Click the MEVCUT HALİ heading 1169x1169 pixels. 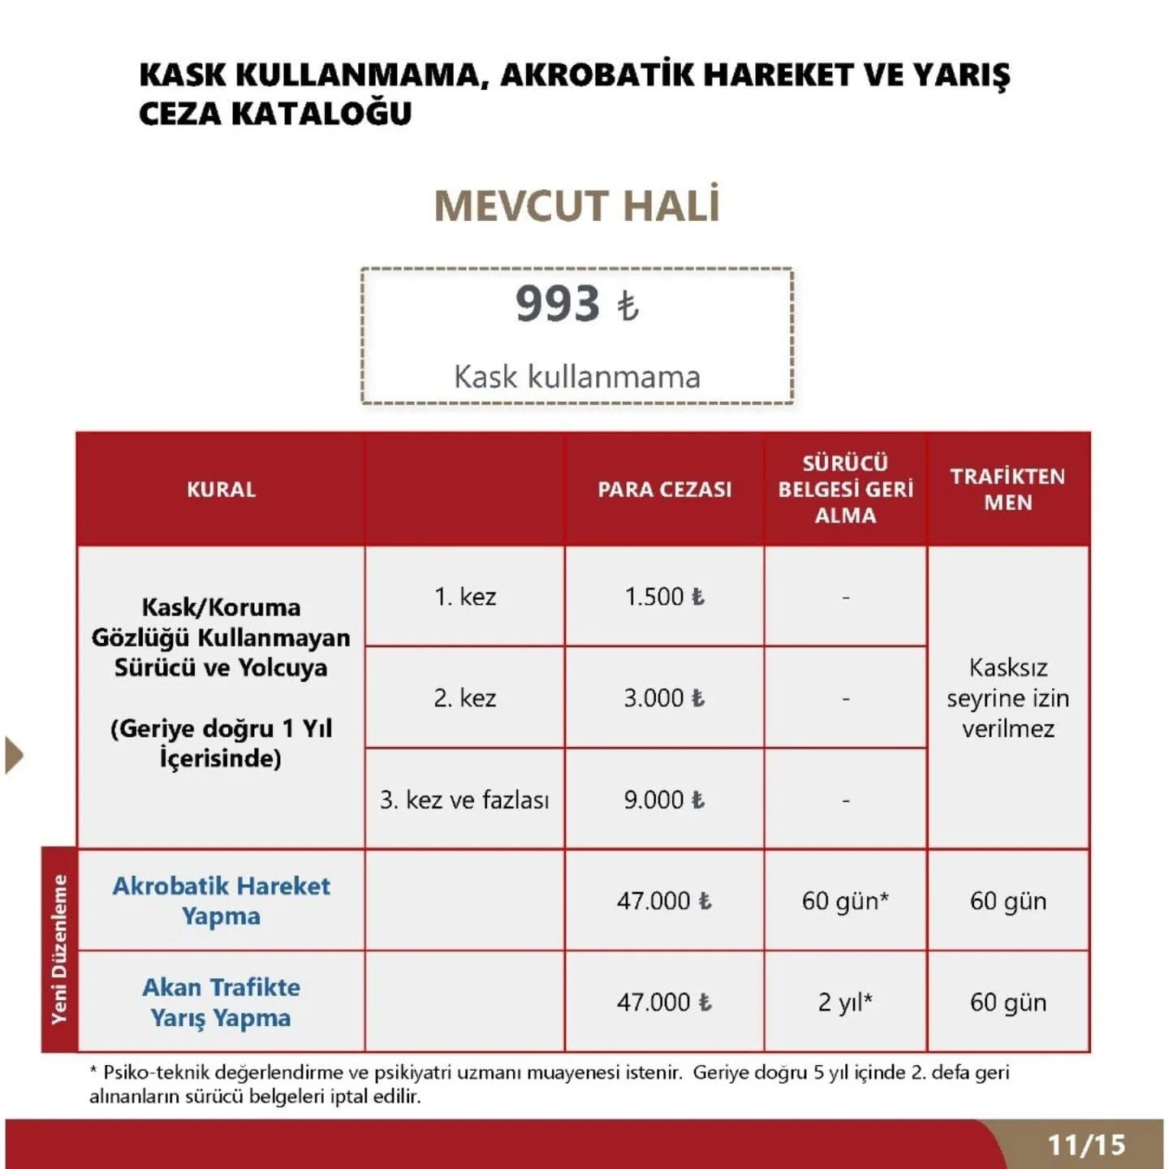(x=577, y=206)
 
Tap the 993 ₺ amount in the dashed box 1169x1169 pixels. (x=577, y=304)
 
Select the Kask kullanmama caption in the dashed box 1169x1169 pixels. (x=577, y=377)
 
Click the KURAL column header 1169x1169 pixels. (x=221, y=490)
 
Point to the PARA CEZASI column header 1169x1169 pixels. (x=665, y=490)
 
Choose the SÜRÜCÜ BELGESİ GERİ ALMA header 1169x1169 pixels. (x=845, y=490)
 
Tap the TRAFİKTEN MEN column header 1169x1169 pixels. (x=1007, y=490)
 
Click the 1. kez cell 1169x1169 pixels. (x=465, y=597)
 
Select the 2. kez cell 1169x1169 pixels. (x=465, y=698)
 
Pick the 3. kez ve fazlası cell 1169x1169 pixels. (x=465, y=800)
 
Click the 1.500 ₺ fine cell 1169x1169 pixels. (x=665, y=597)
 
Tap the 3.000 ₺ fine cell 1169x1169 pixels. (x=665, y=698)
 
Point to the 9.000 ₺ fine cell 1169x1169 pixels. (x=665, y=800)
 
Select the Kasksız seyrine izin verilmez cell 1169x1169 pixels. (x=1007, y=698)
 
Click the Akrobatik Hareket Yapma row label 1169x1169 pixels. (x=221, y=900)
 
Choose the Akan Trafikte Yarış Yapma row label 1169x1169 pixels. (x=221, y=1002)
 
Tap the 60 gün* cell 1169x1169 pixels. (x=845, y=901)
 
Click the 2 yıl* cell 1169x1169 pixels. (x=845, y=1003)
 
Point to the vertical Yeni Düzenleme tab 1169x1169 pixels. (x=59, y=950)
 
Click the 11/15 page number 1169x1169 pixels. (x=1086, y=1145)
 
